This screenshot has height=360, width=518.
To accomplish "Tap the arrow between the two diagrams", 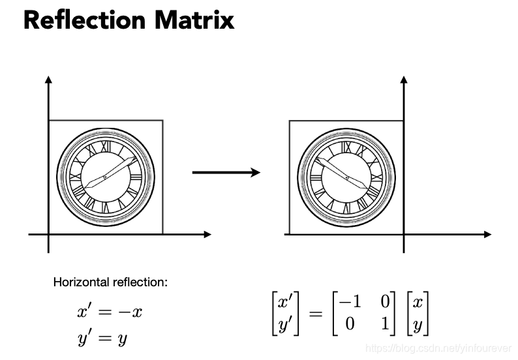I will [226, 172].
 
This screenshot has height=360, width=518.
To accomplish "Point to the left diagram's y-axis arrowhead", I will [48, 80].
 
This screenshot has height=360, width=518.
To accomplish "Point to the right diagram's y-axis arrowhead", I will [404, 80].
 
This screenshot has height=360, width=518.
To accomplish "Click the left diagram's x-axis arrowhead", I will [207, 233].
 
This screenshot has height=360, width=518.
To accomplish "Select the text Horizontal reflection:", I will [110, 283].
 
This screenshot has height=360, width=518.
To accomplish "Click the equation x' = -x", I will [110, 312].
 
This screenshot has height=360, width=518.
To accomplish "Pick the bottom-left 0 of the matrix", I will [350, 323].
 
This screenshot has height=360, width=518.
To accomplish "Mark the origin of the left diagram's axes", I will [48, 233].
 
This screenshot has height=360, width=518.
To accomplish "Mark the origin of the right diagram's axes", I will [404, 233].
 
